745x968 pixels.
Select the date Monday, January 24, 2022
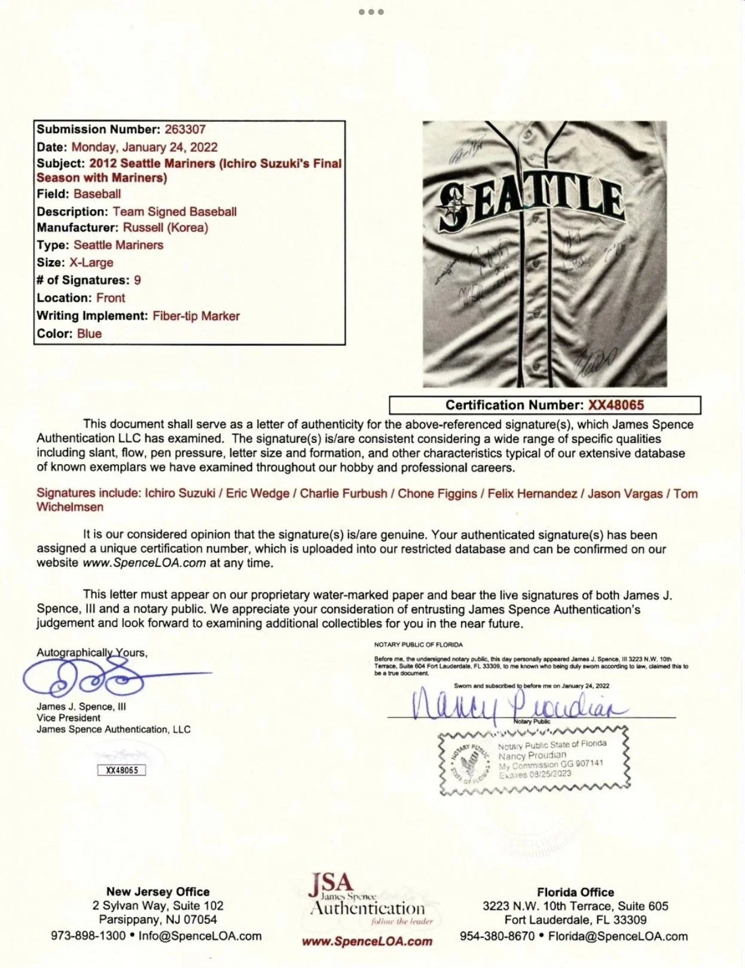(x=144, y=147)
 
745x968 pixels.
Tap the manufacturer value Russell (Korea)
(x=166, y=227)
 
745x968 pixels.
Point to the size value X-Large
(x=91, y=262)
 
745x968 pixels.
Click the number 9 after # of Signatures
(x=138, y=280)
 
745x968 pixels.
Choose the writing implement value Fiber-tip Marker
(x=196, y=316)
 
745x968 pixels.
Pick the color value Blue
(x=89, y=334)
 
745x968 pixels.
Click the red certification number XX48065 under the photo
(x=616, y=405)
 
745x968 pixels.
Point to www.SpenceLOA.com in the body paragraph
(x=144, y=563)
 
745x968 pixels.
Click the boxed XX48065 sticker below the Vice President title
(x=121, y=770)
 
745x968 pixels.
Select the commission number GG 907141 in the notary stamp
(x=582, y=764)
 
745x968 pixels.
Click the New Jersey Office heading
(x=158, y=892)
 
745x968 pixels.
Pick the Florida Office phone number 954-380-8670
(x=497, y=936)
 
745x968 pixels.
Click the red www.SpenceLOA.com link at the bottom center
(x=367, y=942)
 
